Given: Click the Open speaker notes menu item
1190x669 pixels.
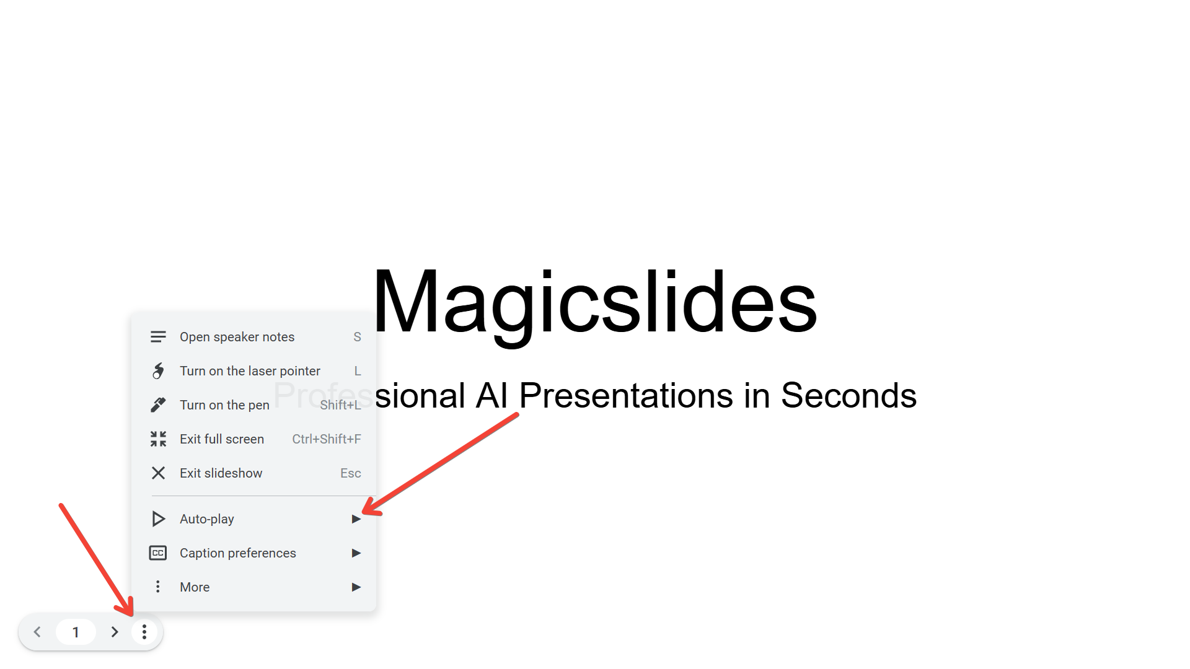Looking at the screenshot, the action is (237, 337).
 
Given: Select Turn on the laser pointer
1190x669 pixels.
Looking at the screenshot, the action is (250, 371).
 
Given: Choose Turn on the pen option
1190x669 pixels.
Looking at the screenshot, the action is (224, 405).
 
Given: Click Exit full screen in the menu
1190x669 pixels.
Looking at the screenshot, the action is (222, 439).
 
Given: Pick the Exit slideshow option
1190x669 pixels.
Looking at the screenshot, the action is (221, 473).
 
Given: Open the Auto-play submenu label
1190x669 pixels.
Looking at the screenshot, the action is (206, 519).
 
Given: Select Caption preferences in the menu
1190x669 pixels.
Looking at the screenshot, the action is (237, 553).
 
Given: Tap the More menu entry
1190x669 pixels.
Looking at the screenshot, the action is (195, 587).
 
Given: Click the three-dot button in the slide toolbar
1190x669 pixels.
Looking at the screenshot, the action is (144, 632).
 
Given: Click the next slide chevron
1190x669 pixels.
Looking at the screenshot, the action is (115, 632).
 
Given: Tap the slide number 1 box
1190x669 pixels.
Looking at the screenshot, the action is (76, 632).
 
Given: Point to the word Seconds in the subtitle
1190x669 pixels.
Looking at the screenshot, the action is (848, 395).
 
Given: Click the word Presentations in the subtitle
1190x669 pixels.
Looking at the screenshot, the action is (626, 395).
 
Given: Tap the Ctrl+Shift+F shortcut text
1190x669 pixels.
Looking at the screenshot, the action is (327, 439).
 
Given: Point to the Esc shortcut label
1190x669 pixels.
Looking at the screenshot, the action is (351, 473).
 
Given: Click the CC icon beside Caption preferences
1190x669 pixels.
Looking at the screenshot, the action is (158, 553).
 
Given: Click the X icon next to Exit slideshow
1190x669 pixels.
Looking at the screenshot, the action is (158, 473).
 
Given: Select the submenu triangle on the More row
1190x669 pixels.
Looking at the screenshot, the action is (356, 587).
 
